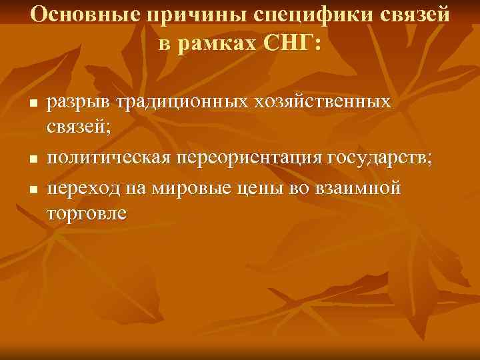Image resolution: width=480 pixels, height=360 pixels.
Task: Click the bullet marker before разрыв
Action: pos(31,104)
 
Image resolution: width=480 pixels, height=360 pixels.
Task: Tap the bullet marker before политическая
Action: pos(31,159)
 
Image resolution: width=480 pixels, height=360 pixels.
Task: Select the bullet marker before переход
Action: pos(31,189)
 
